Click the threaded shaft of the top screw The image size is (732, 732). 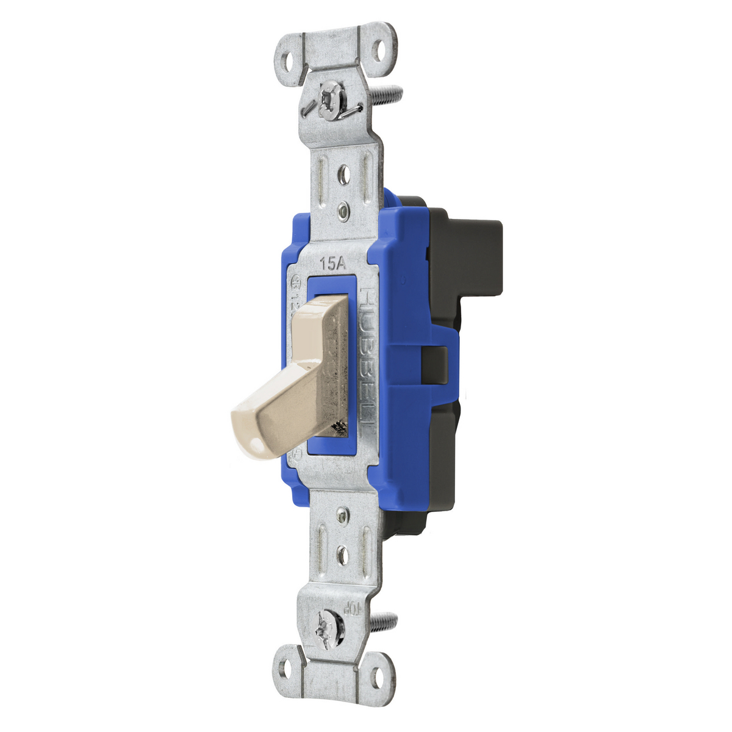click(x=387, y=95)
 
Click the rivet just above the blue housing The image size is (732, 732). click(x=344, y=212)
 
